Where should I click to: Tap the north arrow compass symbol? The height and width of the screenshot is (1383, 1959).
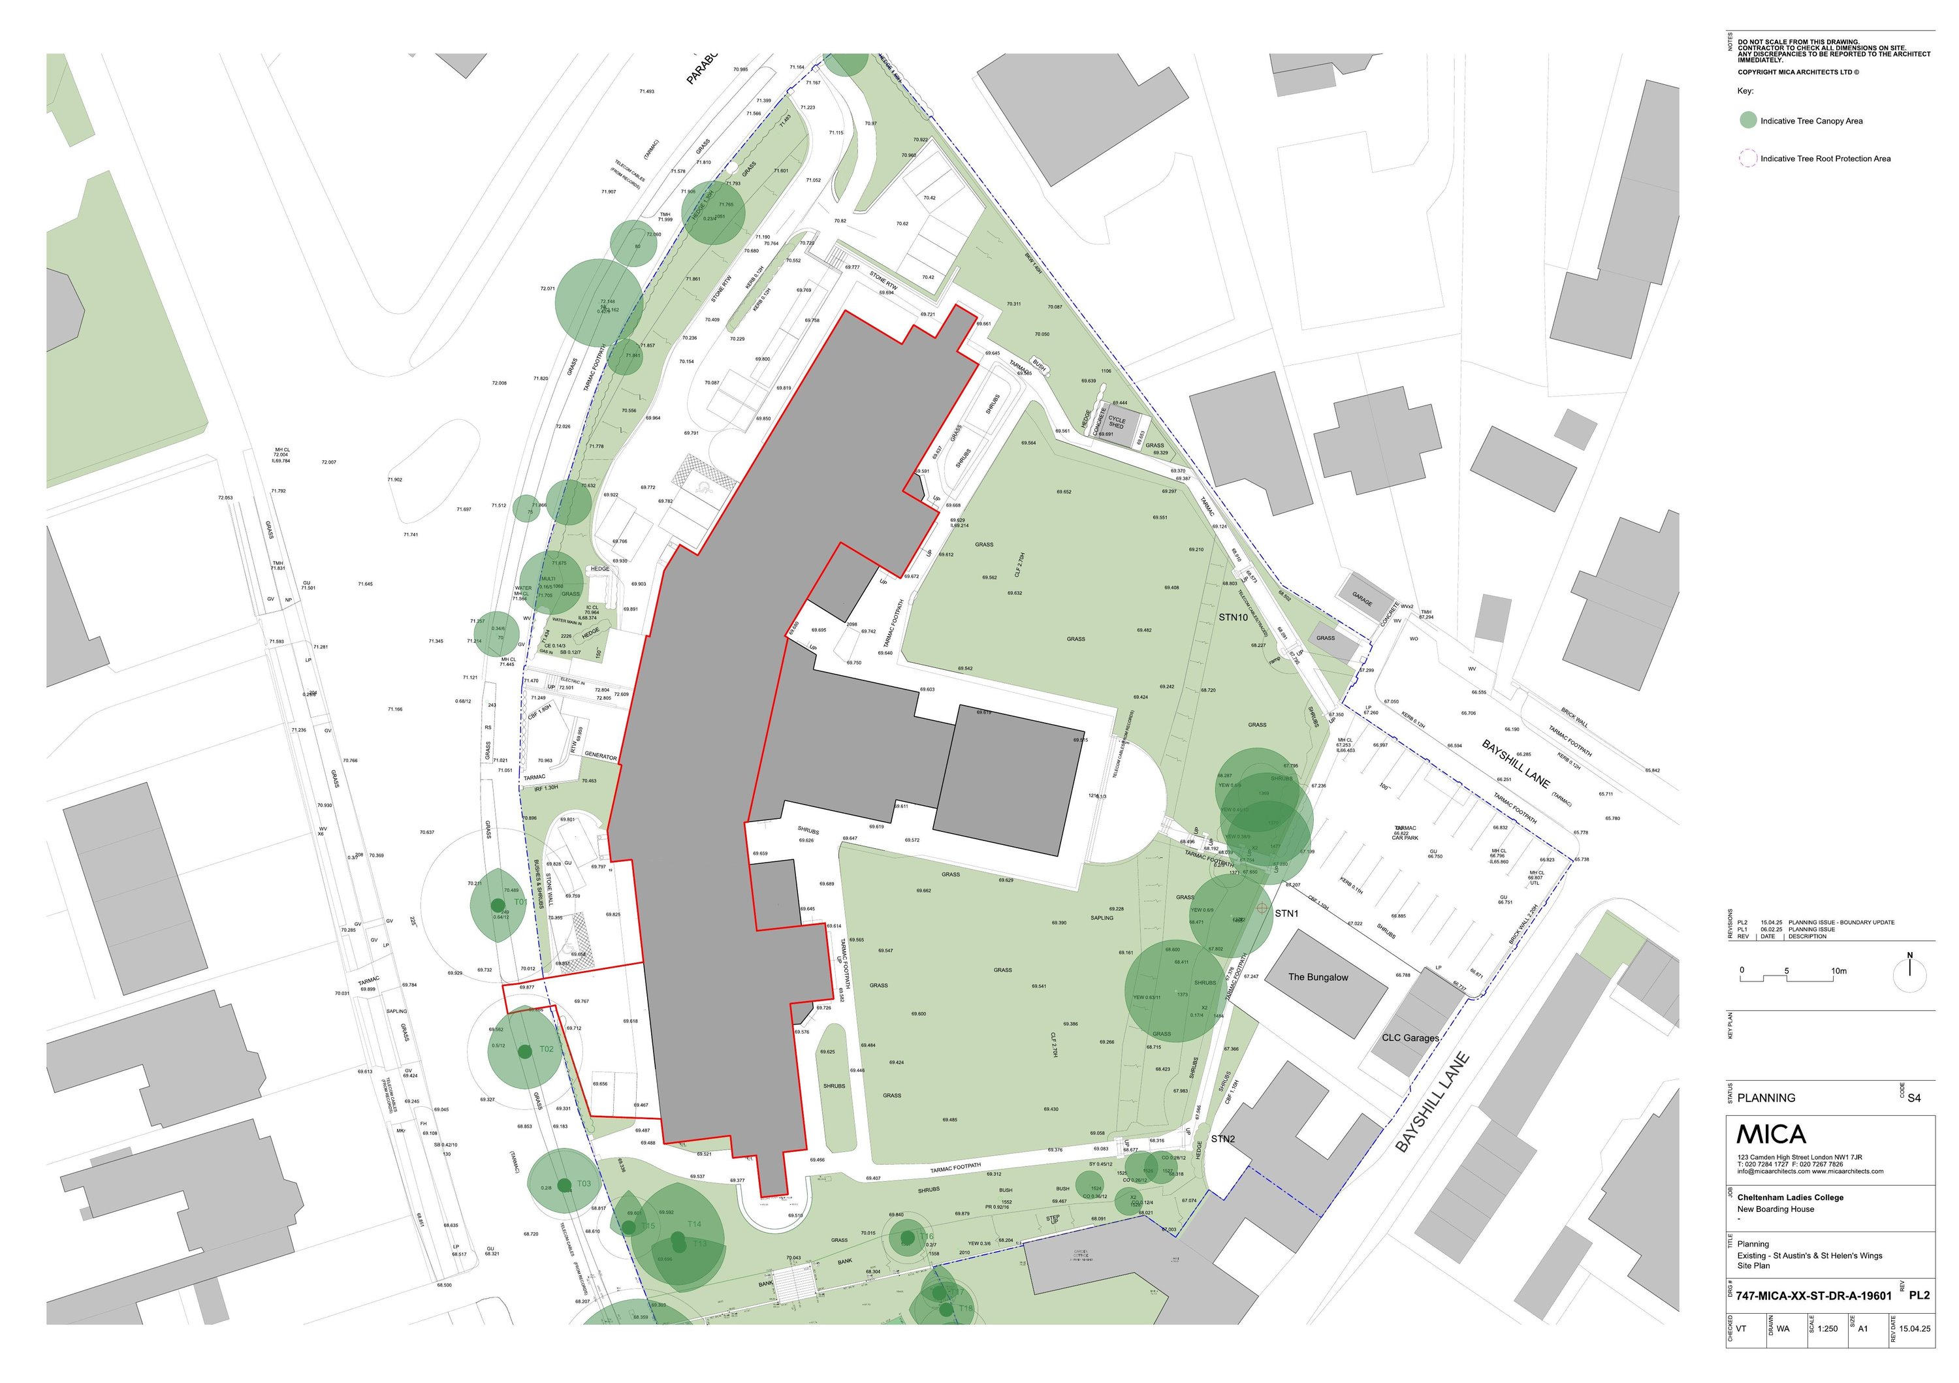[1909, 974]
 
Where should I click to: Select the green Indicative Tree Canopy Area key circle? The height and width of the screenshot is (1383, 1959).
[1748, 120]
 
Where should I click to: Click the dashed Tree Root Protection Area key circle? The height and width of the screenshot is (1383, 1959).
[1748, 158]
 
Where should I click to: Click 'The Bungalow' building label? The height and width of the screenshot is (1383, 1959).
[1318, 977]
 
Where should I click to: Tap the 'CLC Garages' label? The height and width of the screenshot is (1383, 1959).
[1410, 1038]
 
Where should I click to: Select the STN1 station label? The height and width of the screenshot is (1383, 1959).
[1286, 913]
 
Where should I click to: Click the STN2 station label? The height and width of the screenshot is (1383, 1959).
[1222, 1138]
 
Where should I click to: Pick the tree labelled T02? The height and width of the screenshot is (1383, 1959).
[546, 1049]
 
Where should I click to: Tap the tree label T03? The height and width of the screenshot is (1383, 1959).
[584, 1183]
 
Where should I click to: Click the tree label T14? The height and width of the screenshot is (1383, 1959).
[695, 1224]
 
